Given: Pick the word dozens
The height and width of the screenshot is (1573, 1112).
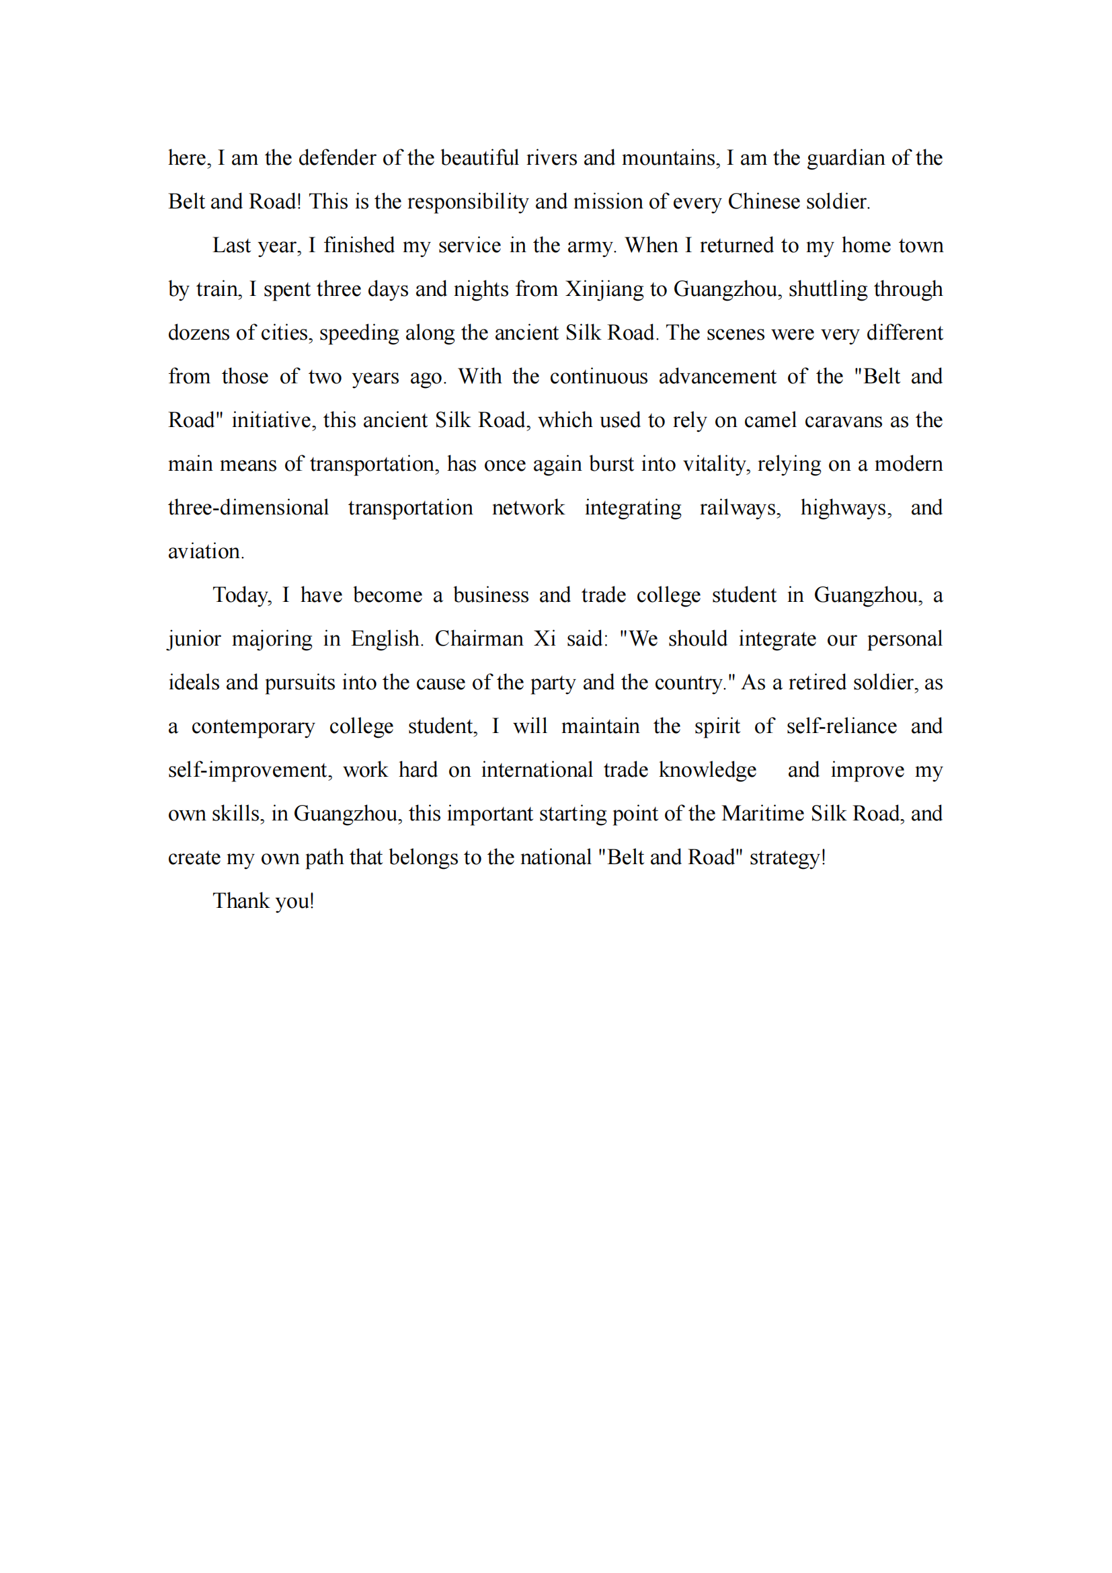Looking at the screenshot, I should coord(198,333).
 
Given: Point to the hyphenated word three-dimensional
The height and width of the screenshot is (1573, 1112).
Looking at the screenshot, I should coord(249,508).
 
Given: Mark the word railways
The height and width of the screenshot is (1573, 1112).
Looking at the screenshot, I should coord(740,508).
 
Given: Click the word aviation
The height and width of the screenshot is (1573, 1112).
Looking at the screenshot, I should coord(206,551).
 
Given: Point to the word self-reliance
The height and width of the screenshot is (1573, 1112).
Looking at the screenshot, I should coord(841,726).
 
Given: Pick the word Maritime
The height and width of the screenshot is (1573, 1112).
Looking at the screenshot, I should coord(763,814).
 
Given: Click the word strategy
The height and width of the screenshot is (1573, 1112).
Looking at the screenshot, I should coord(787,857).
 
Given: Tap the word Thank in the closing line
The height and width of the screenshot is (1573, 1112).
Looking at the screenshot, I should coord(241,901).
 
